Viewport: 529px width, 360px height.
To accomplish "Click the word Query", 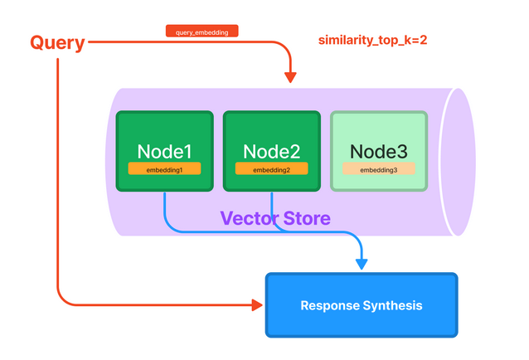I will pyautogui.click(x=57, y=42).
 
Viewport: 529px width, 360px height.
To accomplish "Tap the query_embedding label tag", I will pyautogui.click(x=202, y=32).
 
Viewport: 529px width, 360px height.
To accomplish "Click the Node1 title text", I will pyautogui.click(x=164, y=152).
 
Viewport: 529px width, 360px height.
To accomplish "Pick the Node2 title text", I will pyautogui.click(x=271, y=152).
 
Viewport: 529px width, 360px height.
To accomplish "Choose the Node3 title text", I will pyautogui.click(x=379, y=152).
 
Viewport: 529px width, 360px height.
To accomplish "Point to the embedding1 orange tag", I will pyautogui.click(x=164, y=169).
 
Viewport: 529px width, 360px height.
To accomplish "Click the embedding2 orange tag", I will pyautogui.click(x=271, y=169).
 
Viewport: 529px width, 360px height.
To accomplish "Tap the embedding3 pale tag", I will pyautogui.click(x=379, y=169).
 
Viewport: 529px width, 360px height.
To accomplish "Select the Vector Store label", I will pyautogui.click(x=274, y=219).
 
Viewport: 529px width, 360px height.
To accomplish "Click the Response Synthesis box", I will pyautogui.click(x=361, y=305).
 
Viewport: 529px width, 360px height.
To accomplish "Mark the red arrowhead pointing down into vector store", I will pyautogui.click(x=290, y=77).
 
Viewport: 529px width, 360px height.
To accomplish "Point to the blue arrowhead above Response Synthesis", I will pyautogui.click(x=361, y=264).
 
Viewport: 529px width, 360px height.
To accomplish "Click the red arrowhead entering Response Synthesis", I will pyautogui.click(x=256, y=305).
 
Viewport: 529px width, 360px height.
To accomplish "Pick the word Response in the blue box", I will pyautogui.click(x=329, y=306).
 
